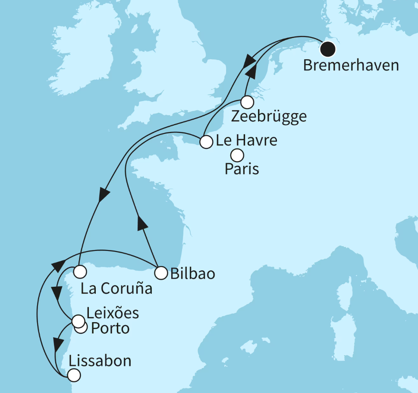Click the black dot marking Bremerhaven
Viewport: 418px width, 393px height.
point(328,49)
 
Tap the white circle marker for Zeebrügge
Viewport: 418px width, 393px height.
point(247,102)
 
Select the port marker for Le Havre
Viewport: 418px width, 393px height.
point(206,142)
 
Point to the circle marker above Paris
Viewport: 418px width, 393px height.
point(237,155)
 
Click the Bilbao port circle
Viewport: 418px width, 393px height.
point(161,273)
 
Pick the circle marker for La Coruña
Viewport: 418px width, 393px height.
point(80,272)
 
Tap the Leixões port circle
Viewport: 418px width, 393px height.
point(78,321)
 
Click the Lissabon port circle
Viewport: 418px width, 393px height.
point(74,375)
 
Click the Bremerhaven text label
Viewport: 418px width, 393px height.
point(350,66)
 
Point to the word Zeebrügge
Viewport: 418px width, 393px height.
point(269,117)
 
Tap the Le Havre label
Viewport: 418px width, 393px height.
point(247,141)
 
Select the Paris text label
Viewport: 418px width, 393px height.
point(242,169)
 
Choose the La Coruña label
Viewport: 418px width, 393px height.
point(117,288)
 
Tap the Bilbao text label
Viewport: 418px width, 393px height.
point(193,273)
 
